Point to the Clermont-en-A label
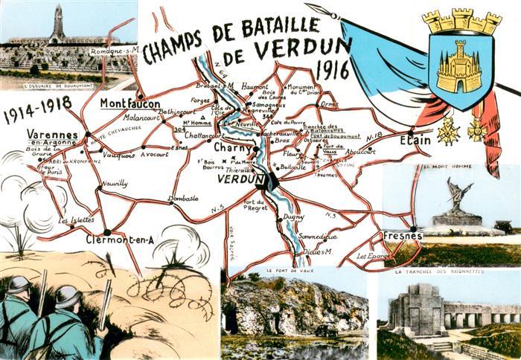click(120, 240)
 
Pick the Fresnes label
click(403, 236)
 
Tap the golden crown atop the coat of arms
click(461, 21)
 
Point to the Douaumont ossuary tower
click(57, 25)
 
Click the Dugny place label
click(293, 216)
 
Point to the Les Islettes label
click(74, 221)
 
